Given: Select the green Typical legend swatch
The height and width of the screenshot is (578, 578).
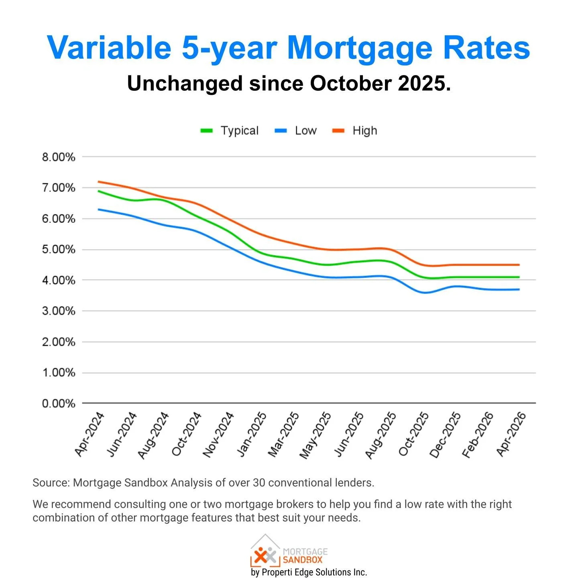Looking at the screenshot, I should pyautogui.click(x=206, y=131).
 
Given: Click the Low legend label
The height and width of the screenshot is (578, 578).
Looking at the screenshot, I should pyautogui.click(x=305, y=131).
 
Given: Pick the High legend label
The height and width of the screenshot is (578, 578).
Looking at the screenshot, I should pyautogui.click(x=364, y=131).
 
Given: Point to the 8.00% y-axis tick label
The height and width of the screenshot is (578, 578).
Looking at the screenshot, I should pyautogui.click(x=59, y=157).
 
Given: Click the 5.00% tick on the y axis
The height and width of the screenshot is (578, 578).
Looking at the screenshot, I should pyautogui.click(x=59, y=250).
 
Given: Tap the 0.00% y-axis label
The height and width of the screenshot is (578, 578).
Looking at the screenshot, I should pyautogui.click(x=59, y=403).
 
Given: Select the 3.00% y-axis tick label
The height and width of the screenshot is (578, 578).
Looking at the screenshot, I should pyautogui.click(x=59, y=311).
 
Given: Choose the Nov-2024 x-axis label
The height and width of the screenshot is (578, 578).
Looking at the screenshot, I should pyautogui.click(x=219, y=434).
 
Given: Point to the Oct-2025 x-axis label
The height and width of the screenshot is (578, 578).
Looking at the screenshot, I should pyautogui.click(x=414, y=434).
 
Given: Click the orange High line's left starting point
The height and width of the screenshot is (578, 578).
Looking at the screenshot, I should pyautogui.click(x=99, y=181).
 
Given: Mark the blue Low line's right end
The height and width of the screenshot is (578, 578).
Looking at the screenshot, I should pyautogui.click(x=519, y=289).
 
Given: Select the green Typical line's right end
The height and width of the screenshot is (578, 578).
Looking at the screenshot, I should pyautogui.click(x=519, y=277).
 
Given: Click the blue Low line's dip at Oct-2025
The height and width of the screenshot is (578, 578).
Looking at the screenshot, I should pyautogui.click(x=425, y=293).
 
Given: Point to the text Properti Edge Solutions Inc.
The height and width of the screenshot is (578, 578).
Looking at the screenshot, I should pyautogui.click(x=314, y=572).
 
